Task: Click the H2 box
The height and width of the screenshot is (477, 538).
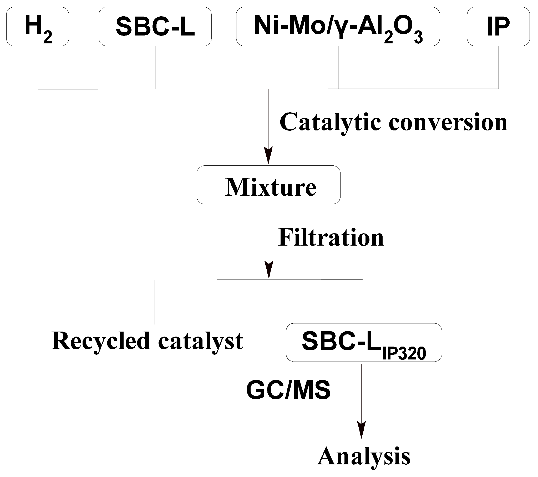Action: pos(38,27)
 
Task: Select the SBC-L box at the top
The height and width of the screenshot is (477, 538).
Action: pos(155,27)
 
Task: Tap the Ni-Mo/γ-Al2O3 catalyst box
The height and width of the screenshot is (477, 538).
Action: pos(338,27)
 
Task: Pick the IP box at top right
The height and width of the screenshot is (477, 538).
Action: pos(498,27)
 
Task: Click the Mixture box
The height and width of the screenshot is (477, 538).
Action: pos(268,185)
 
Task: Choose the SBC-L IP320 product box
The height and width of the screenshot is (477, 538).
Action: pos(364,342)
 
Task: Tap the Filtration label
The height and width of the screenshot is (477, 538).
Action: pos(331,238)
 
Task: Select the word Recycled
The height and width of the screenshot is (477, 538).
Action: pos(101,341)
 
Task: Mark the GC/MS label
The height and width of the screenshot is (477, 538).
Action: pos(288,390)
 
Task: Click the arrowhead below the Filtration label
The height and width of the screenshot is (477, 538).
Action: pos(269,270)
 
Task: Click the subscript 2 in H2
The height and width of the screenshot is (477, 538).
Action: pos(48,38)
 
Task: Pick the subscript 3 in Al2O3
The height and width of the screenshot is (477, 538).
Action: pos(418,38)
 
